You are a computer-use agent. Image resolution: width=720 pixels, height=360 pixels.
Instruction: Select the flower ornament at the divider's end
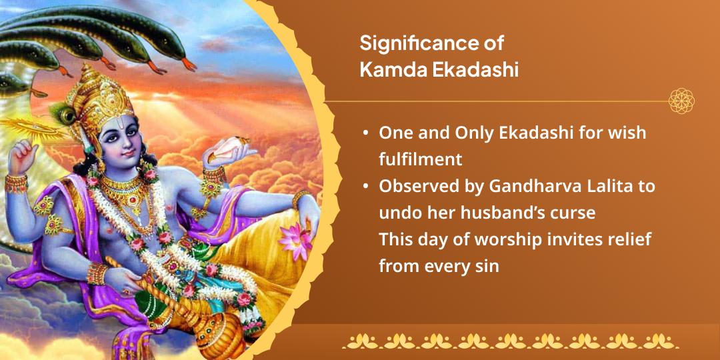681,101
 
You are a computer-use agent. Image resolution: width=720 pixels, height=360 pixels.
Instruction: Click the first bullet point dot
365,133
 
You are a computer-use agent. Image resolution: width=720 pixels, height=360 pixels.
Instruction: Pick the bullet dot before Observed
365,187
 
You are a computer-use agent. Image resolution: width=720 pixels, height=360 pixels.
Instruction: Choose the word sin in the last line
487,266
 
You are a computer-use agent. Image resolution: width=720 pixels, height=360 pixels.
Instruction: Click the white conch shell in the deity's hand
230,153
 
